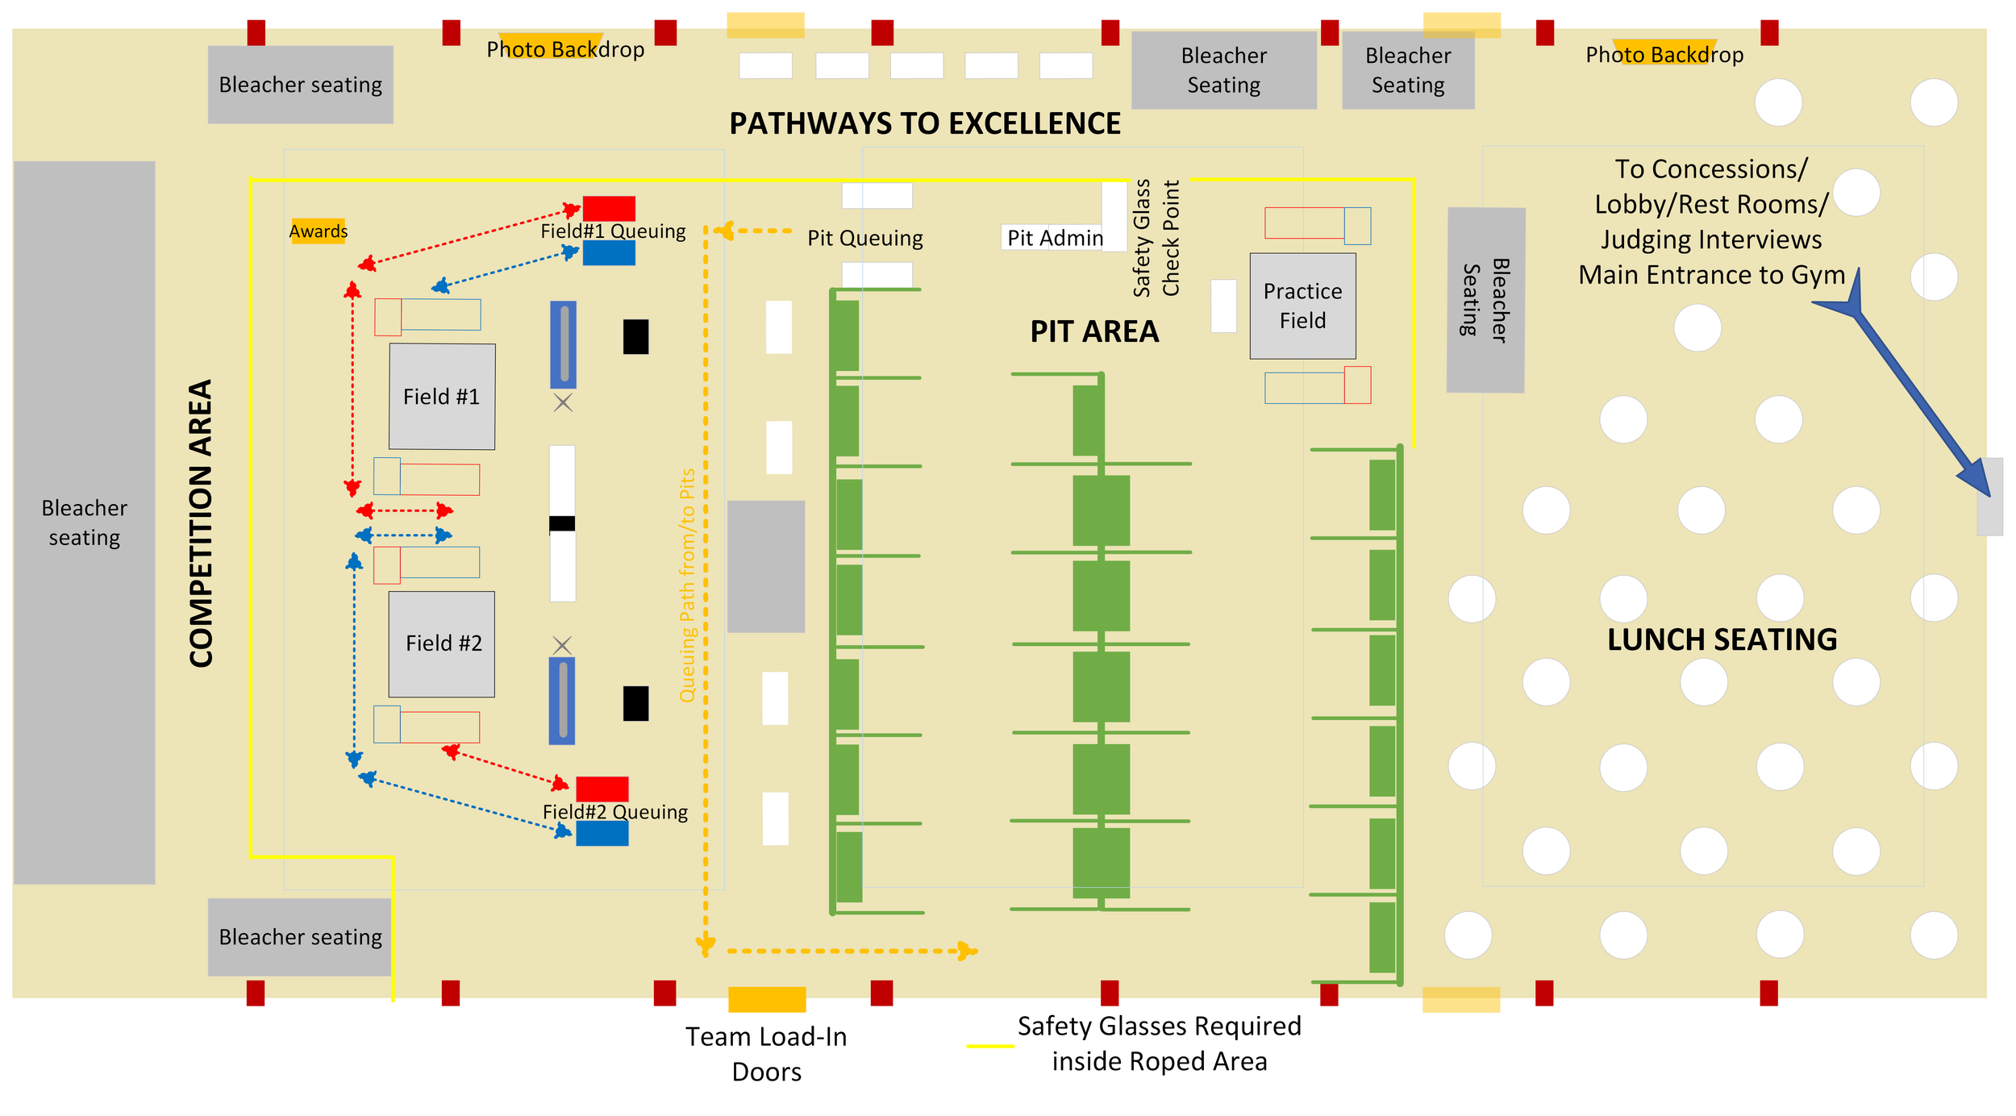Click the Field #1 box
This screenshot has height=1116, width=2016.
point(442,396)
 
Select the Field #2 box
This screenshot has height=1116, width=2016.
point(442,643)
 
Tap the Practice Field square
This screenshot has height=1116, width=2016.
point(1302,306)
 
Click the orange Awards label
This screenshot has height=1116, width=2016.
point(319,231)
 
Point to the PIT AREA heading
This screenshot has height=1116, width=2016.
point(1094,331)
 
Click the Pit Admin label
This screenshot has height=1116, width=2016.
point(1054,238)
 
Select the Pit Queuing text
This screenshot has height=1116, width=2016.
point(864,238)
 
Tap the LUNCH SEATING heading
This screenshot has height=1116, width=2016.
point(1722,639)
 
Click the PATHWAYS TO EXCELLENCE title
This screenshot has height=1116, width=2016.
point(925,123)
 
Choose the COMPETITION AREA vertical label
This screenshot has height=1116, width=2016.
point(201,523)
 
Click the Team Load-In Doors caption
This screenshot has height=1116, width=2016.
point(766,1053)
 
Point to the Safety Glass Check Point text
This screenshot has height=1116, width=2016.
point(1156,238)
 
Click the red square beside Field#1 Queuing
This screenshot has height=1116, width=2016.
point(609,208)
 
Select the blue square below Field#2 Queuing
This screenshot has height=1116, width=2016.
point(602,833)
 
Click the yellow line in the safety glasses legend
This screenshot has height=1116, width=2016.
point(989,1046)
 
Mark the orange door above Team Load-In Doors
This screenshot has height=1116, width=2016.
point(767,999)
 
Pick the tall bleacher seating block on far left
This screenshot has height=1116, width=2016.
point(84,522)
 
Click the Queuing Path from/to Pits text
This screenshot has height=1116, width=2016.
point(687,585)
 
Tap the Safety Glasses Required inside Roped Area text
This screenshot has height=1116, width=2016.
point(1159,1043)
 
